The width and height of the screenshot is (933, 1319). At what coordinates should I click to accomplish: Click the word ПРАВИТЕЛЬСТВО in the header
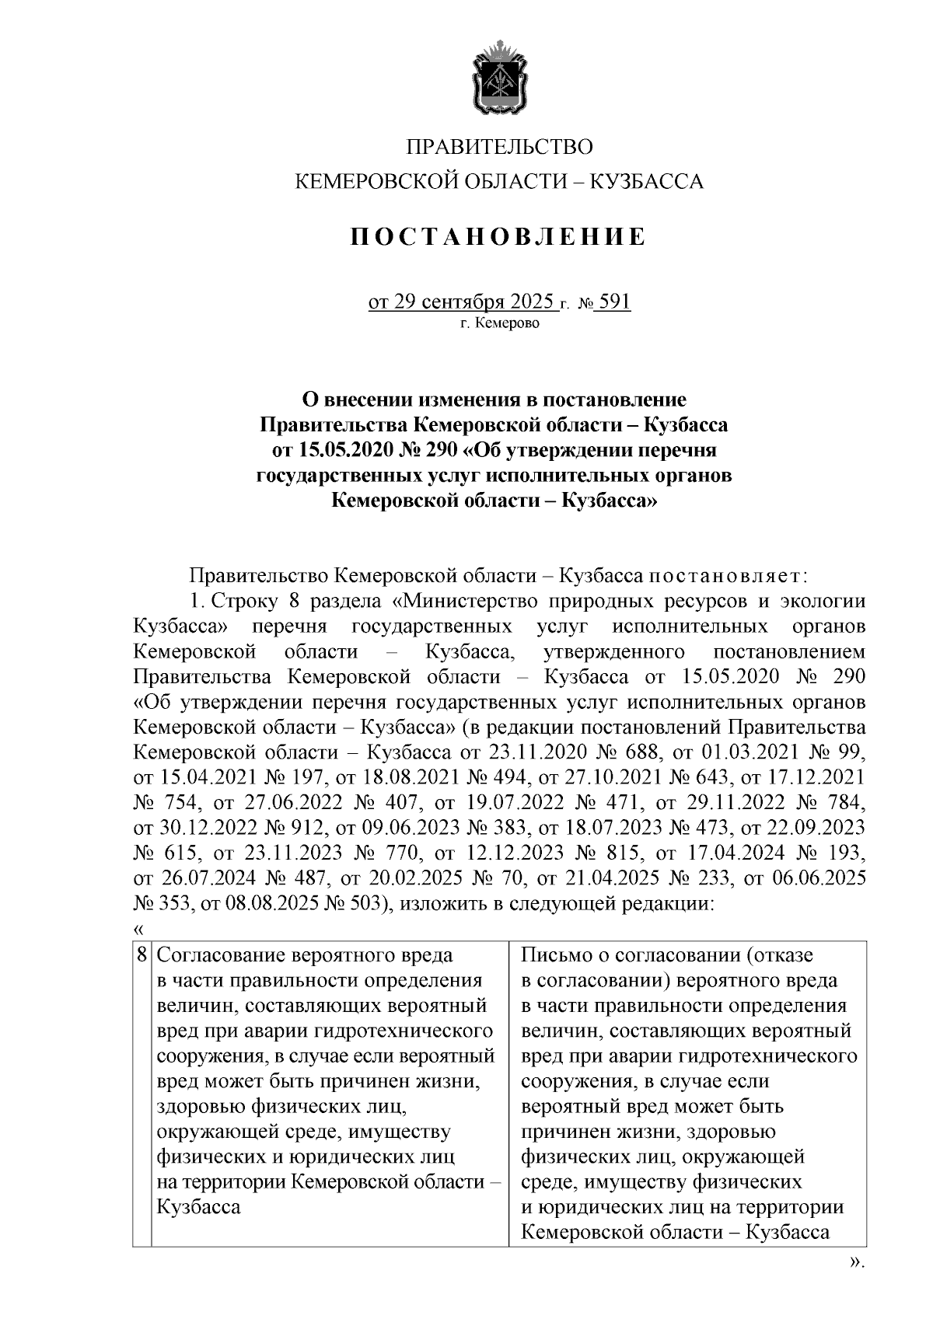coord(499,147)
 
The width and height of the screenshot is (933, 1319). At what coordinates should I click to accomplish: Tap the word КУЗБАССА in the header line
coord(647,183)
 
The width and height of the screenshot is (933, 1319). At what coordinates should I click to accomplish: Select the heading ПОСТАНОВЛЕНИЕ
coord(498,236)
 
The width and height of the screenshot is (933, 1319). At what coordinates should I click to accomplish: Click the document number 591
coord(615,301)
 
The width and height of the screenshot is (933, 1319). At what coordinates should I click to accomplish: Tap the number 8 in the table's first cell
coord(142,954)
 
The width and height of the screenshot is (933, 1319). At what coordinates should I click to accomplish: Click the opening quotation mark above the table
coord(138,929)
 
